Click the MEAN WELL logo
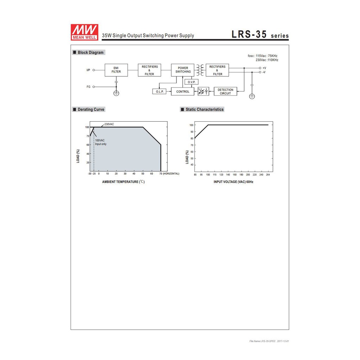[84, 32]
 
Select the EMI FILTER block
[116, 70]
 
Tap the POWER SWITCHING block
[183, 70]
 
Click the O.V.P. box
[192, 82]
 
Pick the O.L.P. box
[159, 92]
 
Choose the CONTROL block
[183, 92]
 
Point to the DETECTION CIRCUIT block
[225, 92]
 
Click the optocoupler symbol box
[204, 91]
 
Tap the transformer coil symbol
[200, 70]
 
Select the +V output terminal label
[264, 68]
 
